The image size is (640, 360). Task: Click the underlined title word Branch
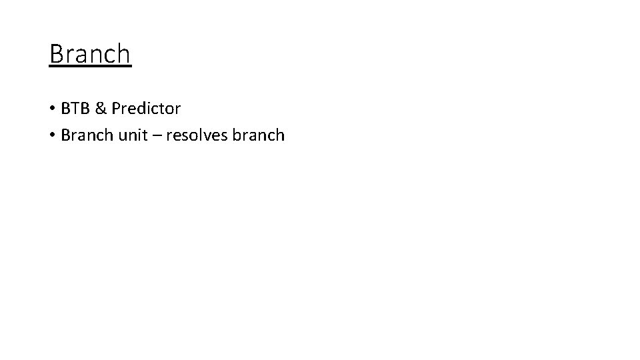tap(90, 54)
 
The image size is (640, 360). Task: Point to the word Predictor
tap(146, 107)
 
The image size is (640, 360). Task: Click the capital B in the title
tap(56, 54)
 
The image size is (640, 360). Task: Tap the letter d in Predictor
tap(144, 107)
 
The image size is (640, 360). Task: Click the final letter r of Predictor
tap(177, 108)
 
